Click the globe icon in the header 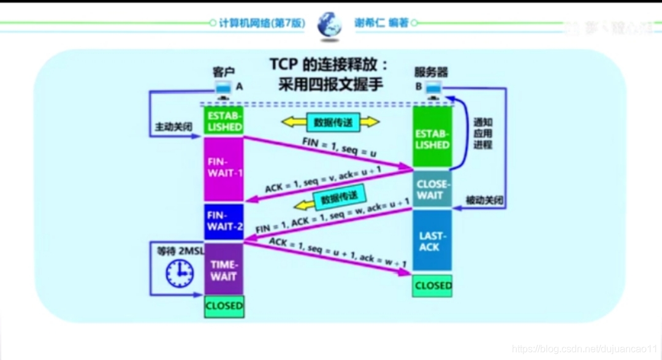tap(329, 25)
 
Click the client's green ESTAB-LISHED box tap(224, 121)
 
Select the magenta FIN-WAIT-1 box tap(224, 167)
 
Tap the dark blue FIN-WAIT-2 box tap(224, 221)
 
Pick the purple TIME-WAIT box tap(224, 270)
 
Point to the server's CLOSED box tap(433, 285)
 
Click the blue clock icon tap(180, 273)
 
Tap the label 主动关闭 tap(174, 128)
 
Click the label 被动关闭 tap(484, 201)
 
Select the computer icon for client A tap(223, 89)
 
